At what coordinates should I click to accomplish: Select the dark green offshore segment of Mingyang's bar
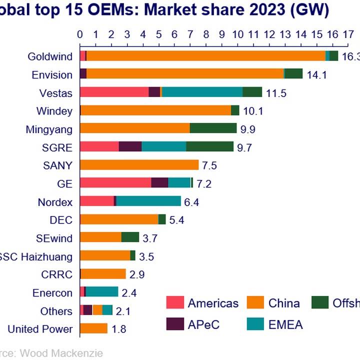click(x=213, y=129)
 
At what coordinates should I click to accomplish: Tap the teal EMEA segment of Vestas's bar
click(x=202, y=92)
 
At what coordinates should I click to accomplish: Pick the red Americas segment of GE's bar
click(x=115, y=183)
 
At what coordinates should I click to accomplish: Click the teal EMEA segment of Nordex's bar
click(x=148, y=201)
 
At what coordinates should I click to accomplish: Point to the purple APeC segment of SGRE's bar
click(x=130, y=147)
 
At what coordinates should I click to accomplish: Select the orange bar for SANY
click(x=139, y=165)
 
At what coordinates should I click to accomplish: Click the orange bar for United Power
click(x=94, y=329)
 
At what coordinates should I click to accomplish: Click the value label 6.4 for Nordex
click(x=191, y=202)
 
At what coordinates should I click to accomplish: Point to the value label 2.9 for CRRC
click(x=136, y=274)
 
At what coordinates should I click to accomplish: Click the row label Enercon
click(x=52, y=293)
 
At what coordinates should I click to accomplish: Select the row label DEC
click(x=61, y=220)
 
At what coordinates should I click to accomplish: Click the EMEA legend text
click(x=285, y=324)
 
